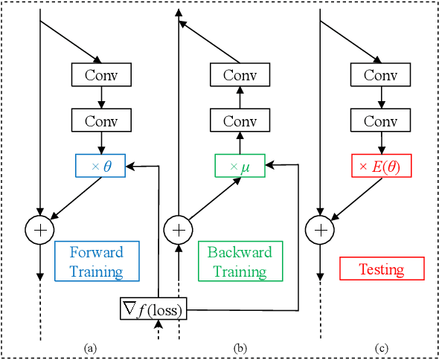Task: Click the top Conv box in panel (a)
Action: coord(100,75)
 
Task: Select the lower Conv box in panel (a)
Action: coord(100,120)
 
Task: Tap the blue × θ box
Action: coord(100,166)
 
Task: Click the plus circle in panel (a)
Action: coord(39,230)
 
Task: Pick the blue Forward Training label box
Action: coord(97,261)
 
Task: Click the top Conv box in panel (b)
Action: coord(240,75)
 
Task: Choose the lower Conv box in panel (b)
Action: coord(240,120)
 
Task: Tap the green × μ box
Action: coord(240,166)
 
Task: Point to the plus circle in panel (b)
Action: coord(178,230)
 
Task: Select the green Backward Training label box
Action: coord(240,261)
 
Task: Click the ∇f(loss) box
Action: coord(153,308)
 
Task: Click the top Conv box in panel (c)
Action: coord(380,75)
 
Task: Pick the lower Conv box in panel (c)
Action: coord(380,120)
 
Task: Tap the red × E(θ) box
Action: coord(380,166)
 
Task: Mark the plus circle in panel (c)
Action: coord(318,230)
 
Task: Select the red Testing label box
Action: coord(382,269)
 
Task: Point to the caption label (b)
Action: coord(239,347)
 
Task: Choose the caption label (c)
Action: coord(381,347)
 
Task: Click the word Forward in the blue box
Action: coord(97,252)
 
